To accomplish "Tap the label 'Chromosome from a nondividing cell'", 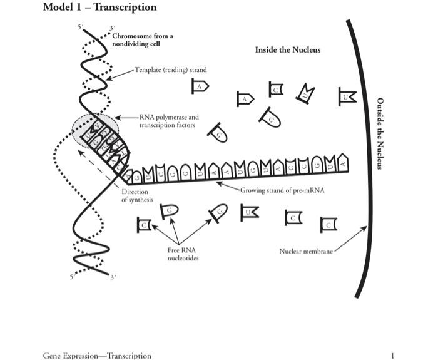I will pos(143,40).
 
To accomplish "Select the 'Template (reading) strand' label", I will pos(170,70).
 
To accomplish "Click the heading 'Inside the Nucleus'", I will pos(287,49).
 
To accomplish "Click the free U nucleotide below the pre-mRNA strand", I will pos(251,212).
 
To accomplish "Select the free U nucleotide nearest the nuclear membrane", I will pos(347,96).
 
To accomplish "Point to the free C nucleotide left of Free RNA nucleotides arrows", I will pos(144,224).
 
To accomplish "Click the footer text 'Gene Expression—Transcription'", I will pos(97,356).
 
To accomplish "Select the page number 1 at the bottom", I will pos(392,356).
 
